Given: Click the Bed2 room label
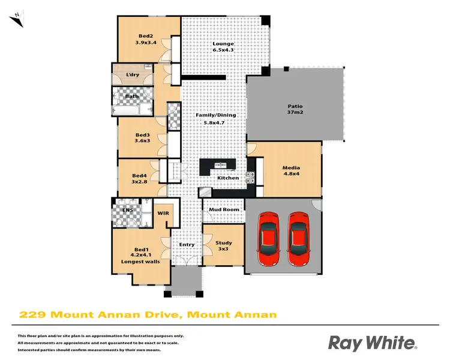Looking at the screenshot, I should click(x=146, y=39).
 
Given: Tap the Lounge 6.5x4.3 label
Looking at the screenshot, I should click(x=223, y=47).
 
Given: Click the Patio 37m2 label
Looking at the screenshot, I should click(x=295, y=110).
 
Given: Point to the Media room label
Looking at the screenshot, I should click(x=291, y=171).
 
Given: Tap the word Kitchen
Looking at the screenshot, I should click(x=228, y=178).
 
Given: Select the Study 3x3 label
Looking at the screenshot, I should click(x=223, y=245).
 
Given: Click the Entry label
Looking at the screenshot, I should click(x=187, y=244).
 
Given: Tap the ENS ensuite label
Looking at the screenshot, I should click(x=127, y=210).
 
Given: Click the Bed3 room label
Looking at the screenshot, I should click(x=142, y=137).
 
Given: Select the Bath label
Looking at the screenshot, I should click(x=132, y=96).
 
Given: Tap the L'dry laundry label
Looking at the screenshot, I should click(x=133, y=74).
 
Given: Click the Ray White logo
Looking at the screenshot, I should click(x=372, y=343).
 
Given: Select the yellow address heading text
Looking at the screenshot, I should click(x=148, y=314).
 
